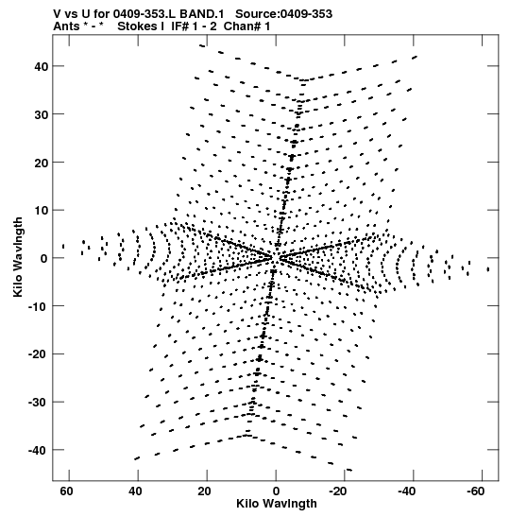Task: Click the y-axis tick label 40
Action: coord(42,66)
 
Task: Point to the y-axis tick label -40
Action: coord(38,451)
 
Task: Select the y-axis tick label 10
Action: coord(42,211)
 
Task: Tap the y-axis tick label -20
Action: coord(38,354)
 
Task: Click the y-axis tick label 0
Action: coord(44,259)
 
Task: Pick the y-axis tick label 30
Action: coord(42,114)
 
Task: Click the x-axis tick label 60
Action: coord(66,491)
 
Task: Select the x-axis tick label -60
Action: coord(475,491)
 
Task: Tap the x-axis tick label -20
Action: coord(338,491)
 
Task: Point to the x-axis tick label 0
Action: coord(276,491)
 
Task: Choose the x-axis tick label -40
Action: coord(406,491)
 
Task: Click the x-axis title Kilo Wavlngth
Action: coord(277,504)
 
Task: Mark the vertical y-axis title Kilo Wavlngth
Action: coord(18,257)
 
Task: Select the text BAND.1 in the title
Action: coord(201,14)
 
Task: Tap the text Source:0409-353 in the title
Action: coord(283,14)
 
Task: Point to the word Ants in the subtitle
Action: coord(65,26)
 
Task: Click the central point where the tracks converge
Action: coord(276,257)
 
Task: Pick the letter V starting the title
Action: coord(57,14)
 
